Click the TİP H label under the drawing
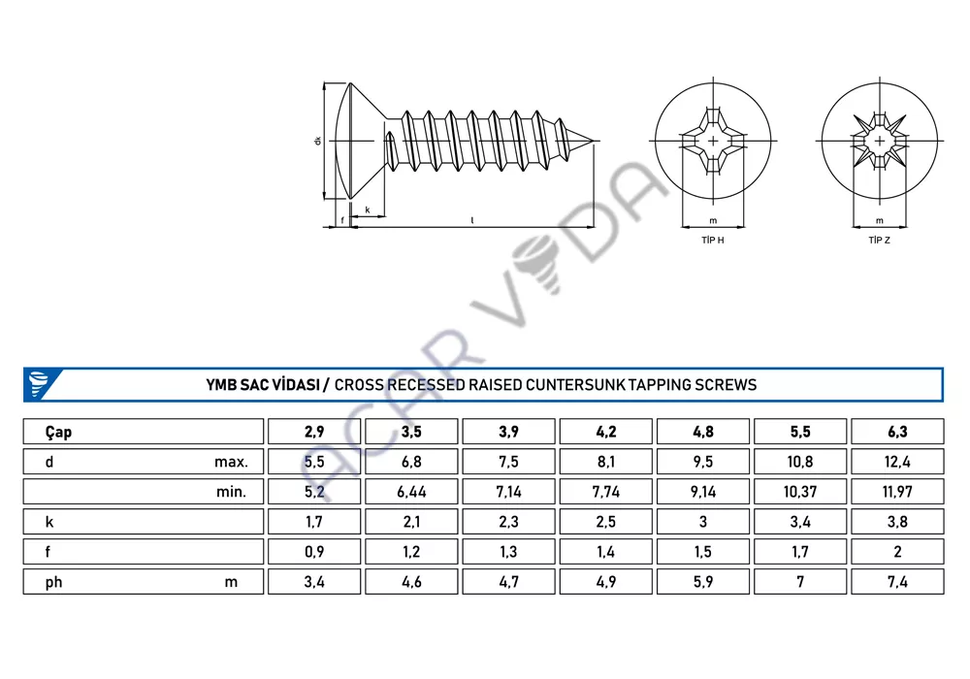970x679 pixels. pos(713,240)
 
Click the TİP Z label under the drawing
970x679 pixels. pos(879,240)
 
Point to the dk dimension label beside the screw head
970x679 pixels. pos(318,141)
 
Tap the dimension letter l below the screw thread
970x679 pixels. pos(472,220)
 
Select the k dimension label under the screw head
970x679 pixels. pos(368,210)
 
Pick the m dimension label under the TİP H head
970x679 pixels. pos(713,221)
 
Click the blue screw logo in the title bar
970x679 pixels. pos(39,383)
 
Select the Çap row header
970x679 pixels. pos(58,432)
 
